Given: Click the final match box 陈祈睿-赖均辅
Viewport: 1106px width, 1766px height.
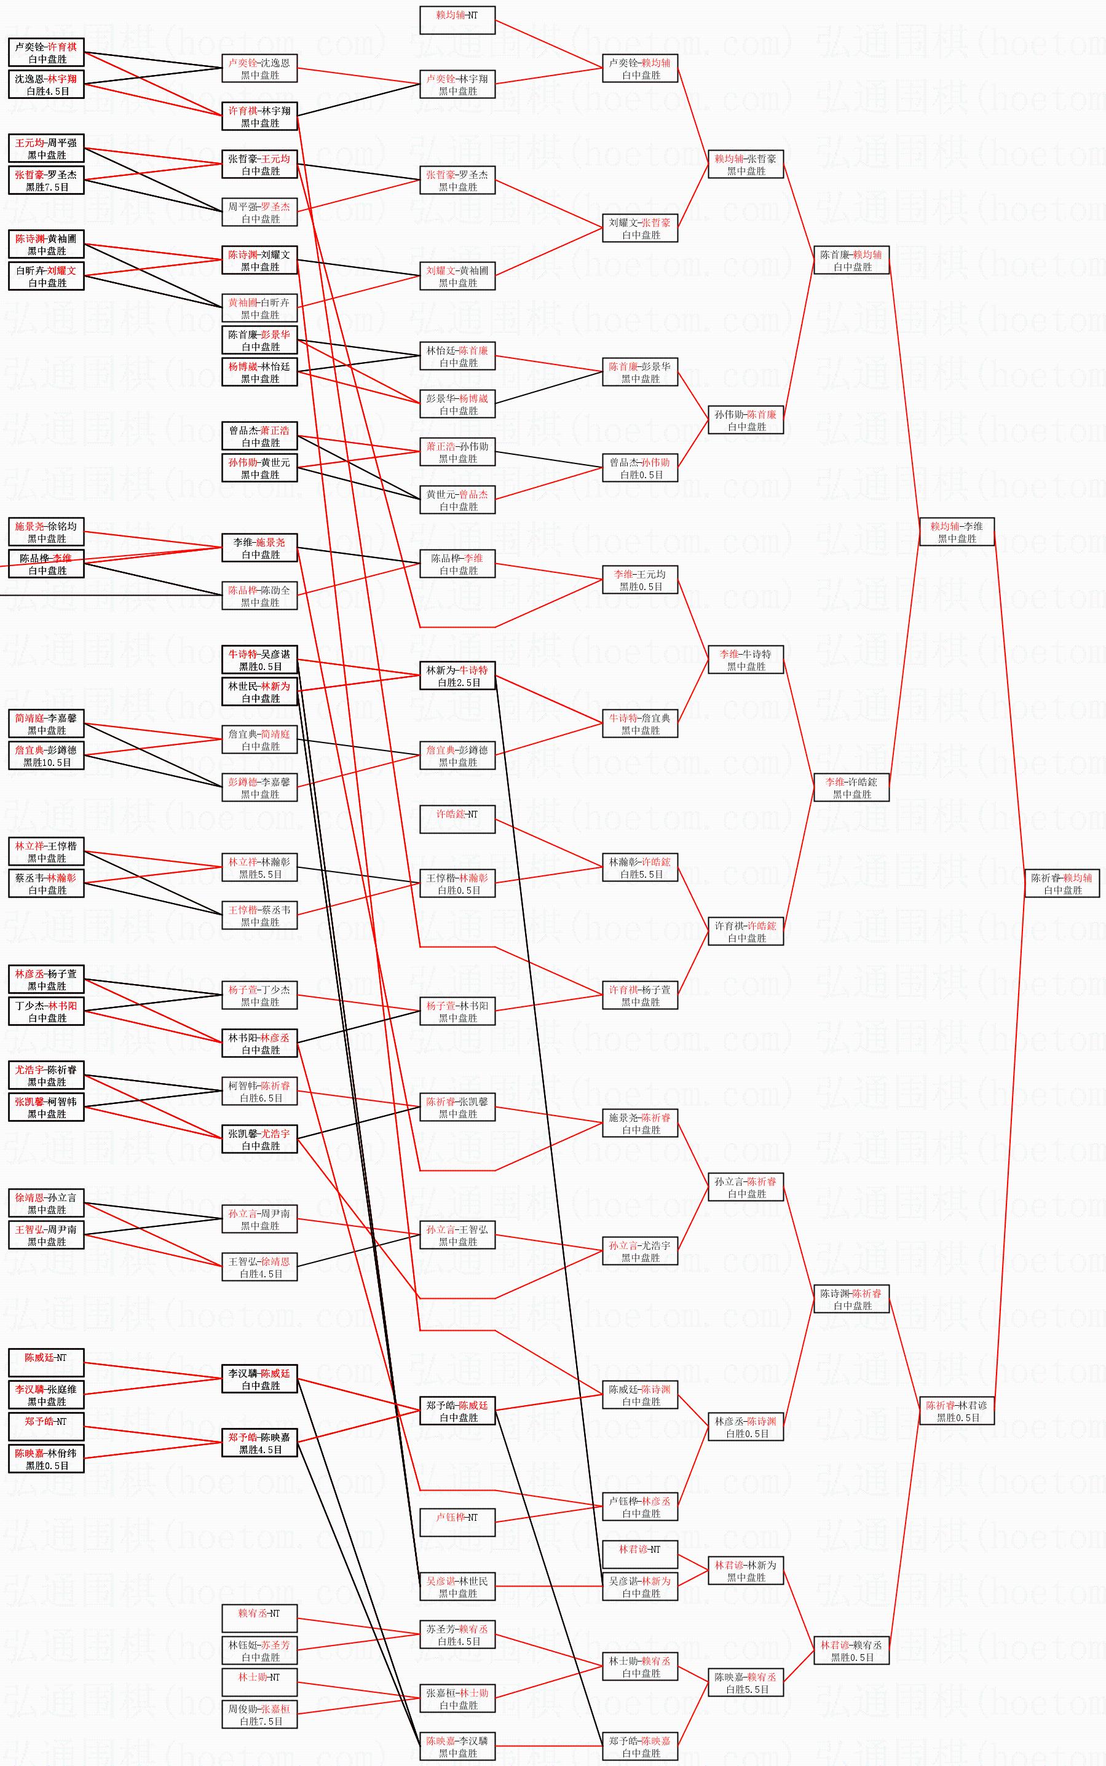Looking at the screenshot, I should point(1061,883).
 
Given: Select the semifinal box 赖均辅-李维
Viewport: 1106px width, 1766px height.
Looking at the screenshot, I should point(957,532).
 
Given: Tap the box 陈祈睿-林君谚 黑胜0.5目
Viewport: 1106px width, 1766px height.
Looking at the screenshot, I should point(957,1411).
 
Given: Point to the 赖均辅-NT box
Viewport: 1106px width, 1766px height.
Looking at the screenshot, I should point(457,20).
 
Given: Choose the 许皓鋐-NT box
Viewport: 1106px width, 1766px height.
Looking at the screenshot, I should point(457,819).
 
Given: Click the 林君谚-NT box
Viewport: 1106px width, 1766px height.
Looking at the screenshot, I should point(640,1554).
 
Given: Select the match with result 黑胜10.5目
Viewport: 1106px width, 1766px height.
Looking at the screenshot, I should point(46,755).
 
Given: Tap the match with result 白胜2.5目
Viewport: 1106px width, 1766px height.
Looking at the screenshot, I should point(457,676).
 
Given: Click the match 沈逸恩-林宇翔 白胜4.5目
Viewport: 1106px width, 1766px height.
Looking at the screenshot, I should point(46,85).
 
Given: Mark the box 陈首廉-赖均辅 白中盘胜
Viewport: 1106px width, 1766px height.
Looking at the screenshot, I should point(851,261).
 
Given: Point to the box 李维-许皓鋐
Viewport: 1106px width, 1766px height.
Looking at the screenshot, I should point(851,787).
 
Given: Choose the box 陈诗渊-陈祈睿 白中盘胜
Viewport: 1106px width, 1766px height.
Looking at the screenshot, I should point(851,1299).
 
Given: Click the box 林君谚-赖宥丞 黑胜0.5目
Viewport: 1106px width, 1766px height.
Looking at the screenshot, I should point(851,1650).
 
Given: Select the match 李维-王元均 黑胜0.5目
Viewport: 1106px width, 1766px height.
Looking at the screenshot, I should point(640,580).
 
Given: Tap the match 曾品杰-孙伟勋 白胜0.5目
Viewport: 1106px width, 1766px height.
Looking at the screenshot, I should point(640,468).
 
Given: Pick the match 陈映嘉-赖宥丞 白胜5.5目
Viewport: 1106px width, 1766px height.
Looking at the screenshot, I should point(745,1682).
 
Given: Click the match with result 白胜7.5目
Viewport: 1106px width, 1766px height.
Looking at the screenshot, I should point(259,1715).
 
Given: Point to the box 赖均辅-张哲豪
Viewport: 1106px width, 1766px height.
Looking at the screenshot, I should point(745,165).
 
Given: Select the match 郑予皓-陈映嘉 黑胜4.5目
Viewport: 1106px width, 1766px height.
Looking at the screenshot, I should point(259,1443).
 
